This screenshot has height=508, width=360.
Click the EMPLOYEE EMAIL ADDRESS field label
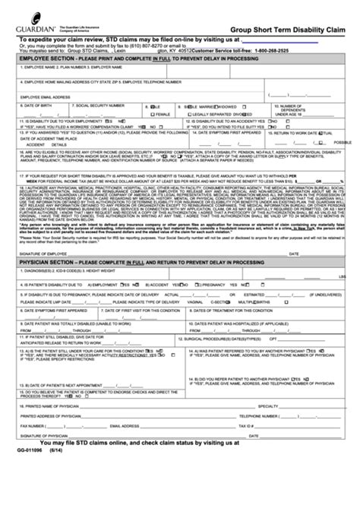[x=46, y=96]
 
